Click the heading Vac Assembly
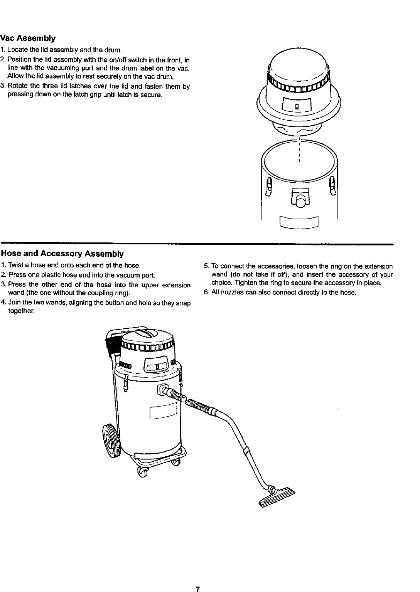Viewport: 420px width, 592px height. tap(28, 39)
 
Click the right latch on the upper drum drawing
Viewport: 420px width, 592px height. tap(332, 185)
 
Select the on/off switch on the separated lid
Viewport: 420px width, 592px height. tap(297, 106)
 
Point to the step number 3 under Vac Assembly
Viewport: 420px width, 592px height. tap(3, 86)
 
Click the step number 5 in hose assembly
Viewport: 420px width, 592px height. tap(206, 266)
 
